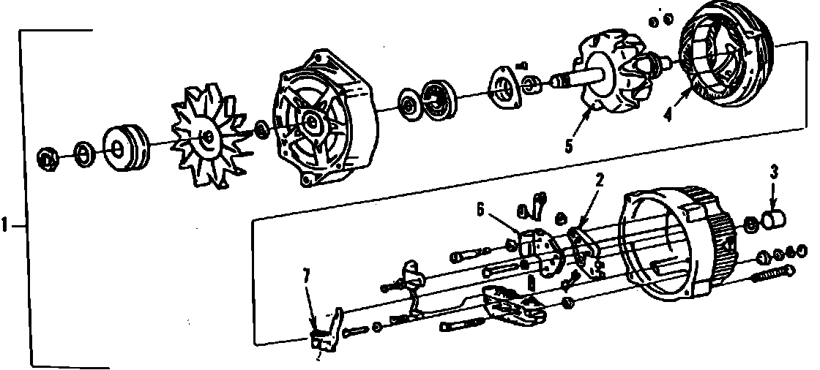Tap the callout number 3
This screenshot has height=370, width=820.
[x=774, y=173]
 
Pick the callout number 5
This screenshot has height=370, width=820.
[x=568, y=146]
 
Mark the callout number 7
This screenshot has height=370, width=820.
[x=307, y=276]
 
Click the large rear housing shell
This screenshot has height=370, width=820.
[x=670, y=241]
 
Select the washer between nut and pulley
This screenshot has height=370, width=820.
[x=84, y=154]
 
